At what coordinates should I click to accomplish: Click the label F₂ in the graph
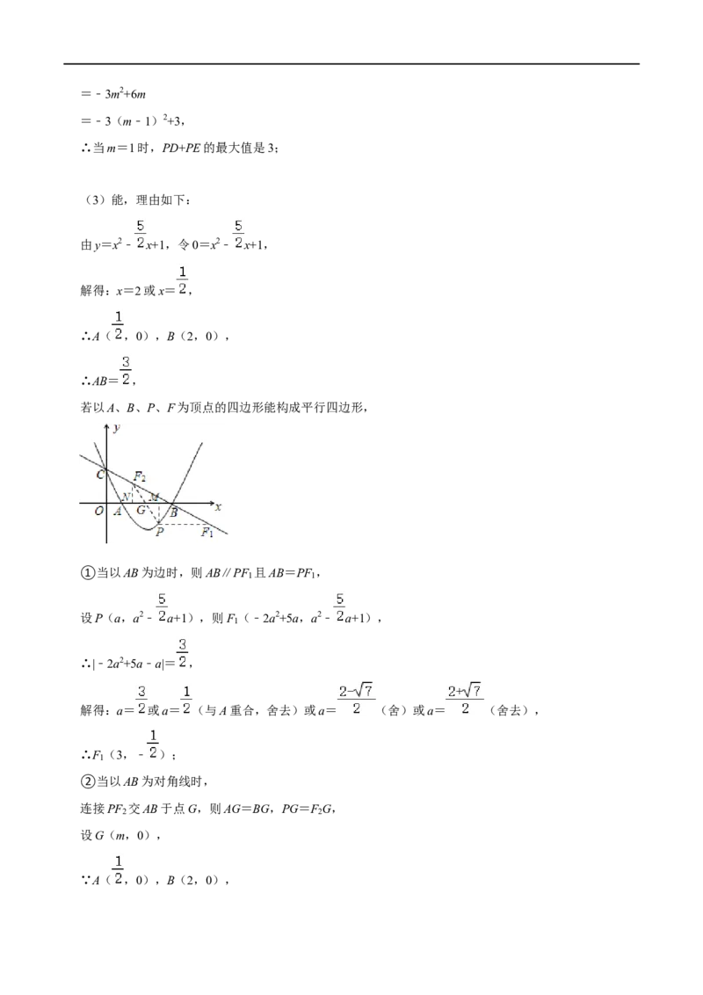tap(140, 476)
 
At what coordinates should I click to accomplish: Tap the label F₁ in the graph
tap(207, 533)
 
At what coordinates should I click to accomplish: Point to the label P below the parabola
tap(159, 533)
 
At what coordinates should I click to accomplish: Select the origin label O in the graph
tap(99, 511)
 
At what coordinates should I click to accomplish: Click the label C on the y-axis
tap(100, 474)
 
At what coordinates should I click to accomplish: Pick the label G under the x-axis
tap(141, 510)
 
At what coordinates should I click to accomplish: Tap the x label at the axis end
tap(218, 507)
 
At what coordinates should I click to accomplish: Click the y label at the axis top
tap(116, 428)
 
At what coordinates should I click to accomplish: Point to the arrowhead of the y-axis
tap(106, 426)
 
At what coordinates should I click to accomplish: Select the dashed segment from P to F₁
tap(185, 524)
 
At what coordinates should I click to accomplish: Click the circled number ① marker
tap(87, 572)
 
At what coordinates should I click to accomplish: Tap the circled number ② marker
tap(87, 781)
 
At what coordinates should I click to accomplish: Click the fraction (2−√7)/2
tap(356, 700)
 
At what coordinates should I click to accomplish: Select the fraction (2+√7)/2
tap(465, 700)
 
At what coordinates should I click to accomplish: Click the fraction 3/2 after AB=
tap(126, 371)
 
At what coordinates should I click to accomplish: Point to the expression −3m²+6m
tap(113, 94)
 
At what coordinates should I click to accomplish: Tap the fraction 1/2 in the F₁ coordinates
tap(152, 744)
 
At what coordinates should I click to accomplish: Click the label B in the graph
tap(174, 512)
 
